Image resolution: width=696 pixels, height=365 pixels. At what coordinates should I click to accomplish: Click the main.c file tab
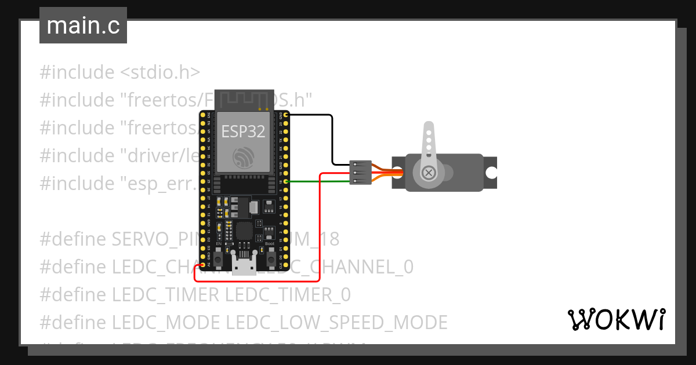coord(83,25)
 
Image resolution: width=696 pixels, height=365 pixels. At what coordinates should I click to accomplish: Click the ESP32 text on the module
coord(243,132)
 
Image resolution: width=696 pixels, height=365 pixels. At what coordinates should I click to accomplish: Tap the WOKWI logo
coord(616,319)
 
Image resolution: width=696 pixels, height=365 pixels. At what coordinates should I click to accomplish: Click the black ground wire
coord(332,139)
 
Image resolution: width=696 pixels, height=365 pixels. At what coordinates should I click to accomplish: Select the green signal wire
coord(319,181)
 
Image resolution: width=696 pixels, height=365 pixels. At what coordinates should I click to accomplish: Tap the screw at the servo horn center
coord(429,172)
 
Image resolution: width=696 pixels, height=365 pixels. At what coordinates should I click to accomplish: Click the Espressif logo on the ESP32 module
coord(243,158)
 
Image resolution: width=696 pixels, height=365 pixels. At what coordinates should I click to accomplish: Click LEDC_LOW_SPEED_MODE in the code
coord(336,323)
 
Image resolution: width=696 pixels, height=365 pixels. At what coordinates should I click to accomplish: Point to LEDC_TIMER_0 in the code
coord(288,295)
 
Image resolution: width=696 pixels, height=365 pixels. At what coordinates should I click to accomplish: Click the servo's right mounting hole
coord(491,173)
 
